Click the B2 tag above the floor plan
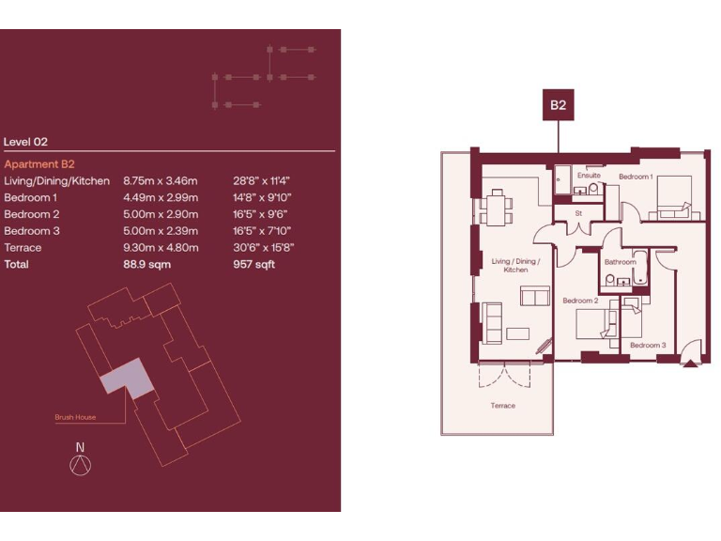coord(558,106)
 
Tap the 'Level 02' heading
coord(25,142)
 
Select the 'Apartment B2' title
coord(39,164)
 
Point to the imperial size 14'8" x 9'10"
coord(262,197)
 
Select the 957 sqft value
coord(253,265)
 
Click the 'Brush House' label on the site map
coord(75,417)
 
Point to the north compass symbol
coord(81,462)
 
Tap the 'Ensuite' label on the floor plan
coord(589,176)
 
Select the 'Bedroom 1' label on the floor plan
coord(636,177)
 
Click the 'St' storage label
coord(578,213)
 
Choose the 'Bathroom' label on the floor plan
coord(621,262)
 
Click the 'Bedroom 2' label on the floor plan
coord(580,301)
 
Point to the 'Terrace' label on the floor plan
coord(502,406)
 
